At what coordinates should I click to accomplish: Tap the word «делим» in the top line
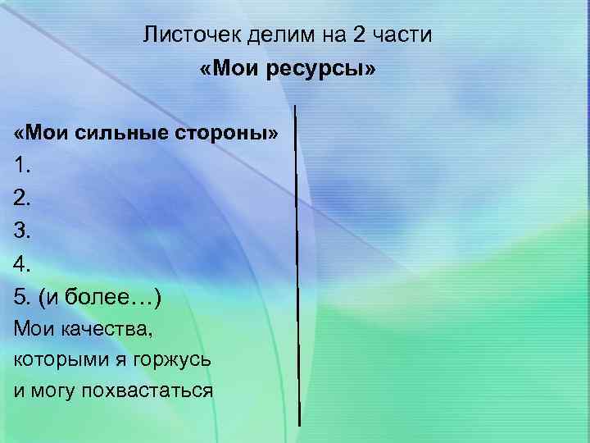(x=261, y=34)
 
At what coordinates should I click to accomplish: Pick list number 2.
(x=22, y=198)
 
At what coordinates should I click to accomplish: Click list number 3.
(x=22, y=231)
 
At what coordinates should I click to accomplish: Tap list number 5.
(x=22, y=296)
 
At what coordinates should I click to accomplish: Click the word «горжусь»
(x=173, y=360)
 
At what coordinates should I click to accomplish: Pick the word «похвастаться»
(x=147, y=390)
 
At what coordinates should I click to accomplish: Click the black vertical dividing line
(x=297, y=263)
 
